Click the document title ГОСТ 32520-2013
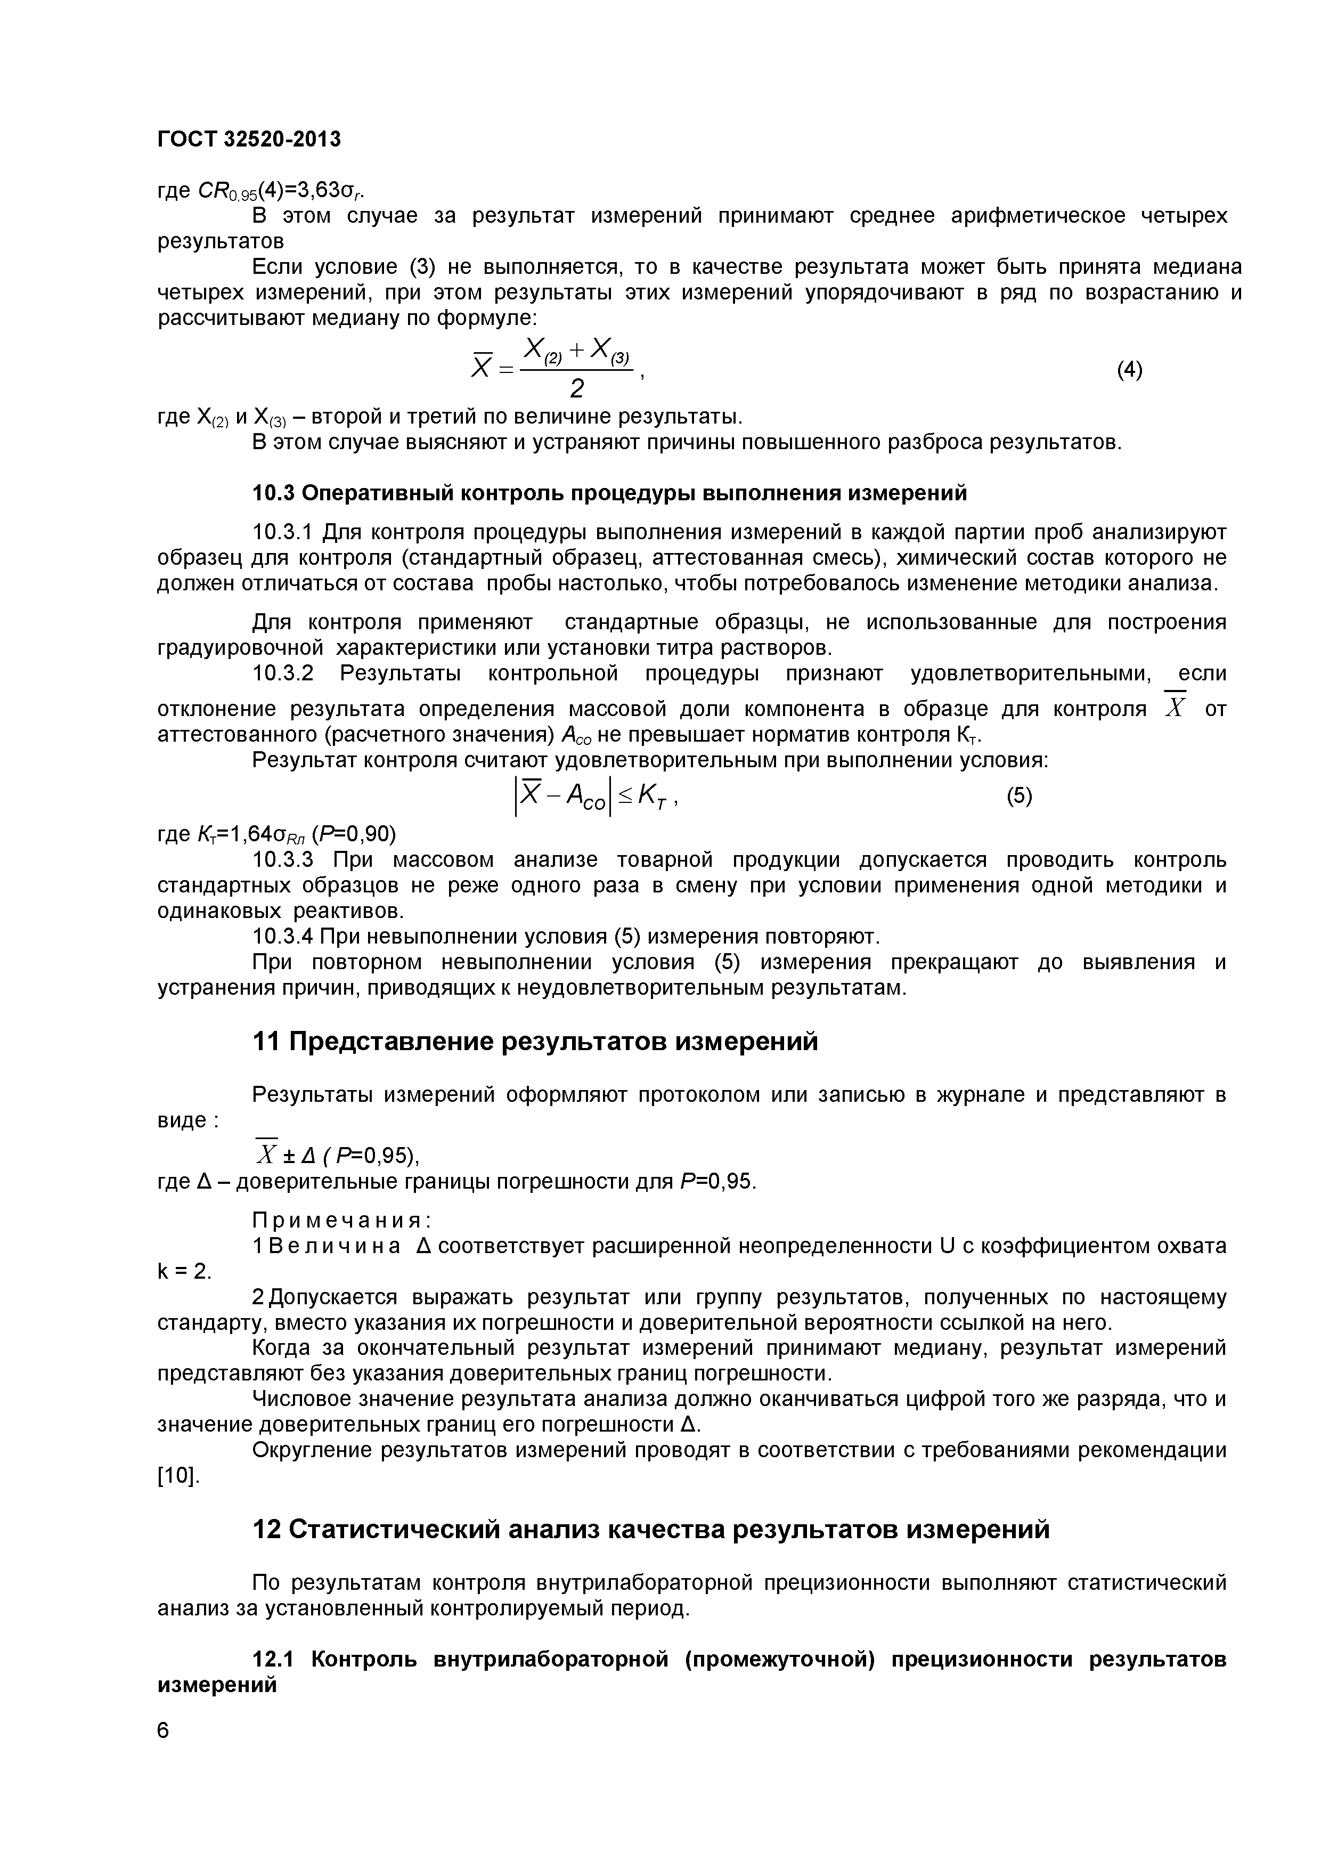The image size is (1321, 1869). click(249, 139)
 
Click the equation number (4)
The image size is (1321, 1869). click(1129, 370)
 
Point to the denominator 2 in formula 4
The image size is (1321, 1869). click(576, 390)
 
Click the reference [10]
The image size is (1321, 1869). click(177, 1476)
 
